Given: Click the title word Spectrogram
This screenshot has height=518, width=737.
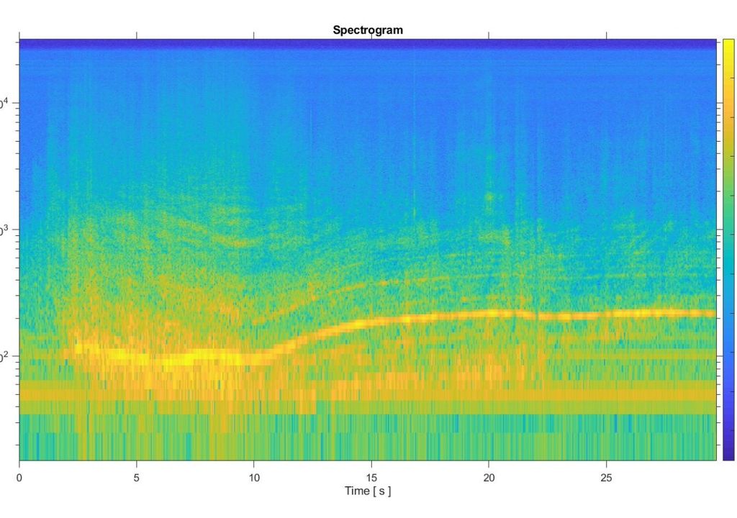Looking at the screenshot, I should [x=368, y=30].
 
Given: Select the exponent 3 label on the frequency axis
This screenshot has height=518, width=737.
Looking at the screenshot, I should [x=4, y=230].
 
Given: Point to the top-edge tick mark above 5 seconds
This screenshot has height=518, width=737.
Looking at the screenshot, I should [x=137, y=35].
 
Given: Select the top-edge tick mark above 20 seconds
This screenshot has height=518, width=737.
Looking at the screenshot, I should [x=489, y=35].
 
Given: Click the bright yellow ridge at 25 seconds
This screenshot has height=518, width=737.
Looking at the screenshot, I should [x=606, y=314].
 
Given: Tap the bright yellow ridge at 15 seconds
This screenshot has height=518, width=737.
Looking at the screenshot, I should [x=371, y=322].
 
